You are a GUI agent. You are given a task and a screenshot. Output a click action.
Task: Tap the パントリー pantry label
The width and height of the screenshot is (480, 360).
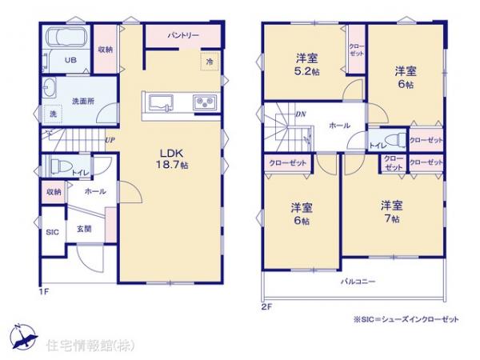[183, 36]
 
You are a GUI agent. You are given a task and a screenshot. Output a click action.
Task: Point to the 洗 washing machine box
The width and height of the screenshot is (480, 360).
[54, 113]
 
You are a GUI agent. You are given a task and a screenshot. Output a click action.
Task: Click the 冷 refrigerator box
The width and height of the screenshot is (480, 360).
[209, 62]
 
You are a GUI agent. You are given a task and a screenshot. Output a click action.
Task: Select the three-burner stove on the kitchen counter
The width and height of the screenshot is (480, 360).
[202, 102]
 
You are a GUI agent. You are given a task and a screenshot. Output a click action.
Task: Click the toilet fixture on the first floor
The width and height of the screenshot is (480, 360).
[60, 166]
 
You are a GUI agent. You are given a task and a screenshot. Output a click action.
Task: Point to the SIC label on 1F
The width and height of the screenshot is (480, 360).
[53, 232]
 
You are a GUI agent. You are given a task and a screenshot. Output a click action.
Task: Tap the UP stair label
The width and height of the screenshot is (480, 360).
[109, 142]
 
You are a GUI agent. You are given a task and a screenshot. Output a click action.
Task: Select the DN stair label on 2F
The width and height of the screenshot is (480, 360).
[301, 114]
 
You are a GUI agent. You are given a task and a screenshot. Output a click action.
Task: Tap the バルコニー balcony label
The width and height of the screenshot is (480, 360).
[358, 282]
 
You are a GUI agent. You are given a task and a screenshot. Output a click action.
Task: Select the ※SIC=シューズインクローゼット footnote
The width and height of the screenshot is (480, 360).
[406, 319]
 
